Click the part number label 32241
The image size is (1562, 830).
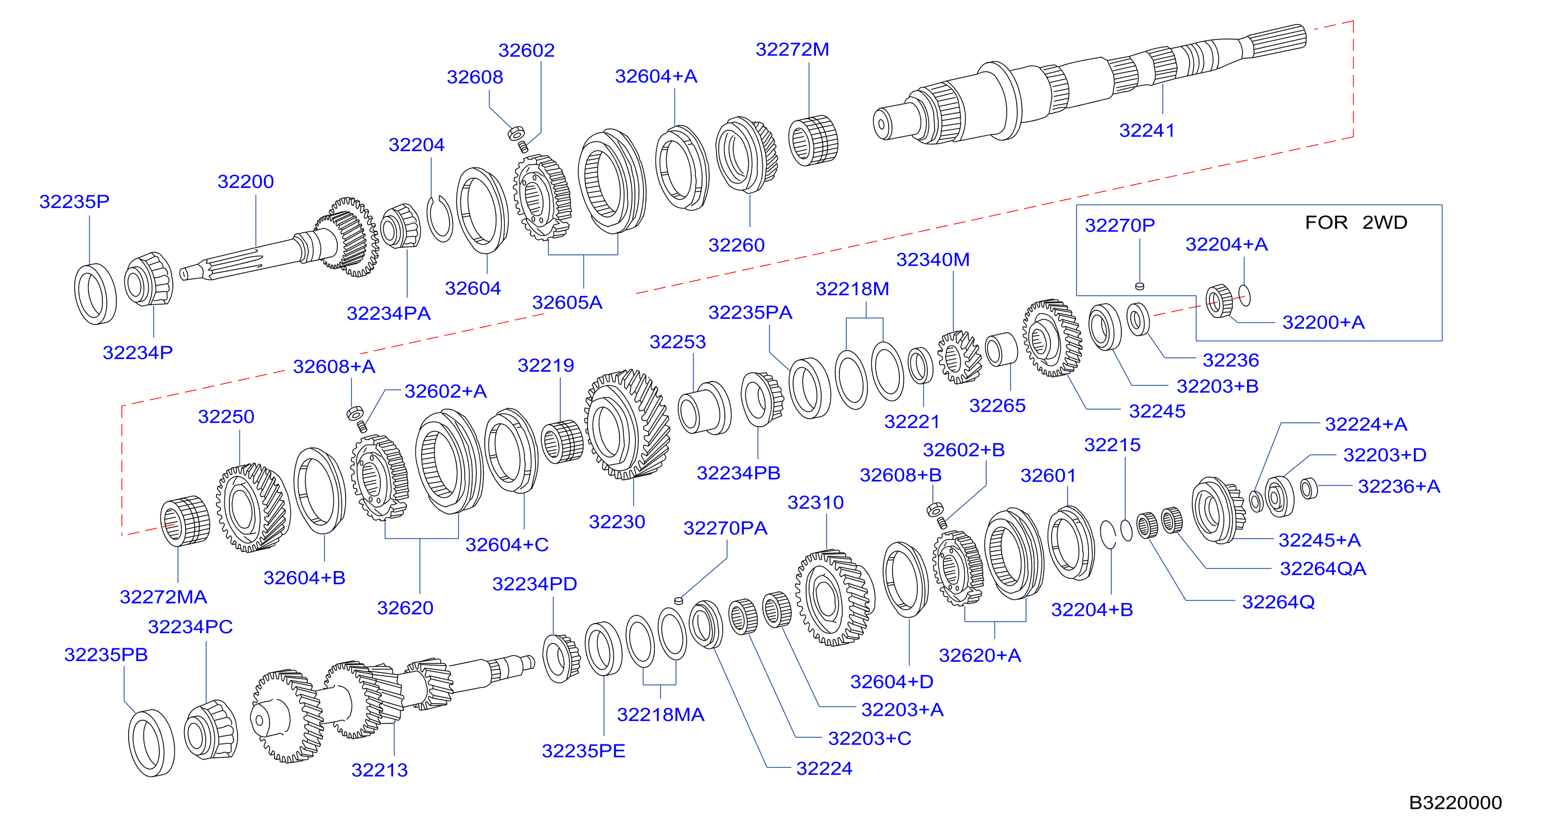pos(1146,130)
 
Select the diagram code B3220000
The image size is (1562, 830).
pos(1455,803)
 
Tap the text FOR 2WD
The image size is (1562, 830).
pos(1356,223)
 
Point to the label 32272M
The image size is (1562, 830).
pos(792,49)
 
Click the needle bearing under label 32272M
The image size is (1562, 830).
pos(813,140)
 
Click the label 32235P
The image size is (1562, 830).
pos(74,201)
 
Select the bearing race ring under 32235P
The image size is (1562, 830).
pos(95,294)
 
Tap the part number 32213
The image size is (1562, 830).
pos(380,770)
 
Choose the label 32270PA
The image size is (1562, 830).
pos(725,528)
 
